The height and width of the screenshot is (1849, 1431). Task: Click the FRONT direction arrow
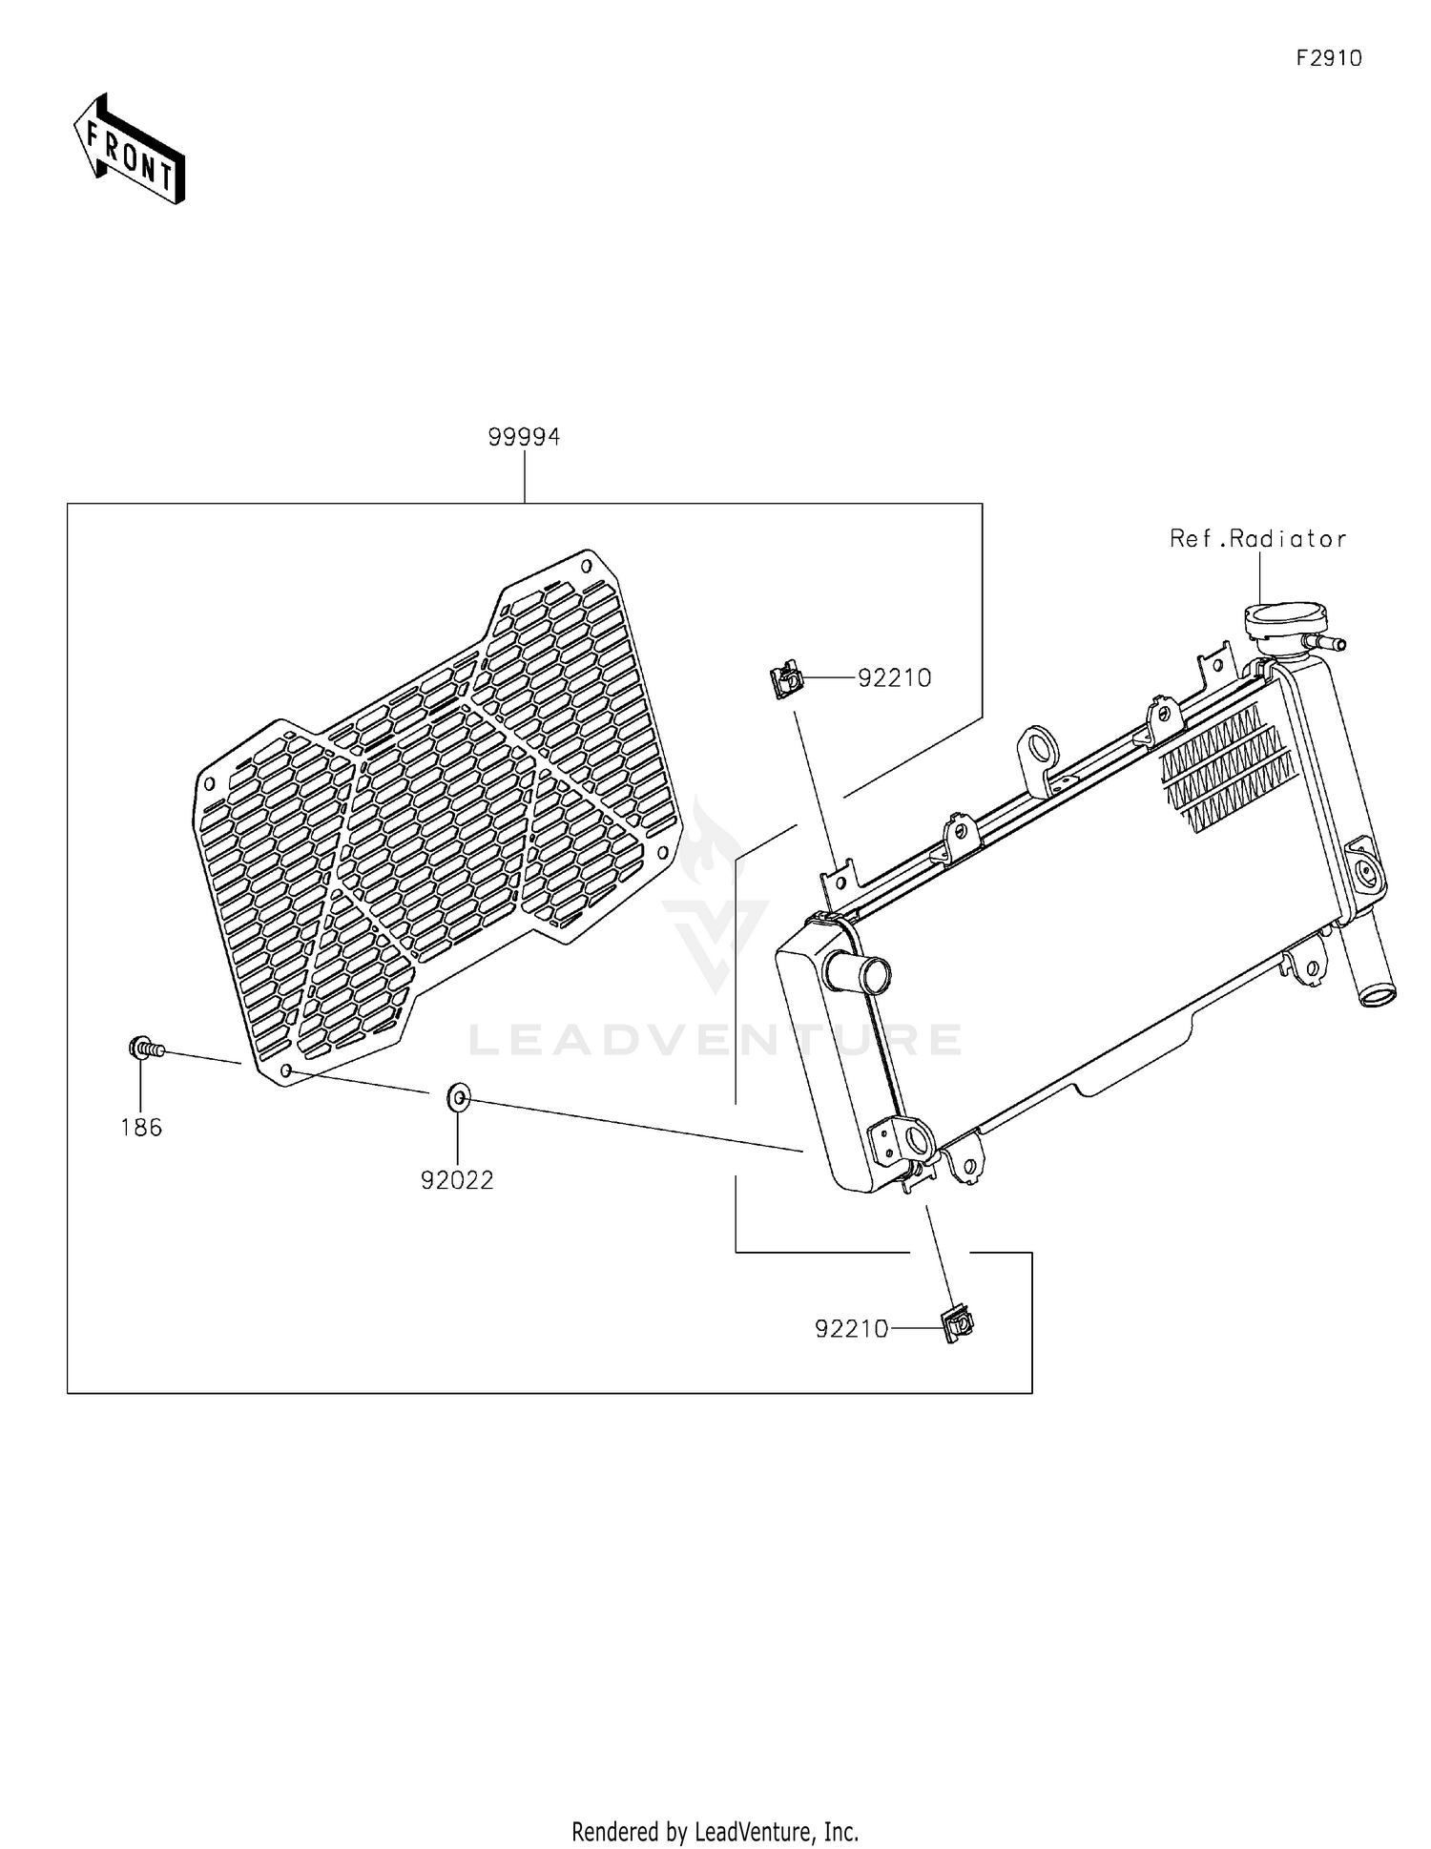[x=130, y=150]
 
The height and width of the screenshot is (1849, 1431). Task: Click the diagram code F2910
[x=1328, y=58]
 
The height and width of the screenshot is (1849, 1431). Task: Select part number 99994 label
[x=524, y=437]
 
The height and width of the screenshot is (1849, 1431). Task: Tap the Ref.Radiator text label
[x=1257, y=539]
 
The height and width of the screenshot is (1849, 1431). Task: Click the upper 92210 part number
[x=894, y=677]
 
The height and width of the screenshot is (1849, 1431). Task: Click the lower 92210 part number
[x=851, y=1328]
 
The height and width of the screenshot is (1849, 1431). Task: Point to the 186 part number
[x=141, y=1128]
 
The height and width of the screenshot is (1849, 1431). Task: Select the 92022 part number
[x=457, y=1181]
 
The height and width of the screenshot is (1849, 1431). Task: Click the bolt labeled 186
[x=145, y=1049]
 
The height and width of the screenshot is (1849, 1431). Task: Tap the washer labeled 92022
[x=458, y=1098]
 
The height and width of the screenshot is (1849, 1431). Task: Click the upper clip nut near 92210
[x=786, y=681]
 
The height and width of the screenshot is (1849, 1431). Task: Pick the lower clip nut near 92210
[x=958, y=1323]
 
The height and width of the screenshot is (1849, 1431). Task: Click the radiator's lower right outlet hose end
[x=1376, y=996]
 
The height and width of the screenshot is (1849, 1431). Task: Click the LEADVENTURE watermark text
[x=715, y=1039]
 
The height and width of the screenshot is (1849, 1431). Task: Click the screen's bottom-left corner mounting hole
[x=285, y=1070]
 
